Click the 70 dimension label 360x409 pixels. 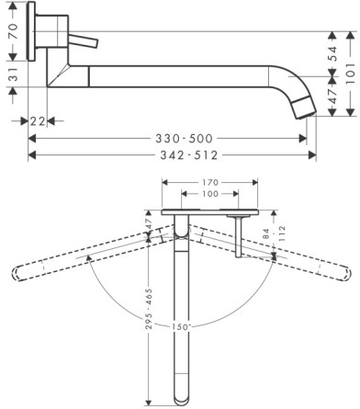[13, 31]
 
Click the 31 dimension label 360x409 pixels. [13, 74]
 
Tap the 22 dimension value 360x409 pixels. [38, 121]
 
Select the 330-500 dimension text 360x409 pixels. [184, 139]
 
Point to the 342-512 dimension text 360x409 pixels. [189, 155]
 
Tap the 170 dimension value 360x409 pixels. [210, 183]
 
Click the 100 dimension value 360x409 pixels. [210, 194]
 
